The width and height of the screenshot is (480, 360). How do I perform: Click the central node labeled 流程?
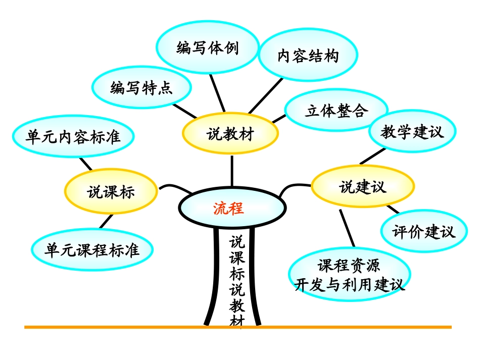click(231, 208)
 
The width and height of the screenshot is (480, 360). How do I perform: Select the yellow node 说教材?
click(230, 134)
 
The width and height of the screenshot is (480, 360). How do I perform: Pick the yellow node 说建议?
click(362, 187)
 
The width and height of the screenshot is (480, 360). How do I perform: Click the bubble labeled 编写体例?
click(208, 48)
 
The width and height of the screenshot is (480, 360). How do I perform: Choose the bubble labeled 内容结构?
click(308, 56)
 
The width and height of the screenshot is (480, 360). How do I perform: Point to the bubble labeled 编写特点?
click(141, 88)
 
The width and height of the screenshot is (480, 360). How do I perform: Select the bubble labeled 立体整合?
click(337, 111)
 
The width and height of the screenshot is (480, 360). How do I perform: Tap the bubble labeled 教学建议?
click(412, 132)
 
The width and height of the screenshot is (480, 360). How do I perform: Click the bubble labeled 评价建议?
click(423, 232)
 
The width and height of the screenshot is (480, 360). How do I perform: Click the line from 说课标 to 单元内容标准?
click(86, 164)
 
